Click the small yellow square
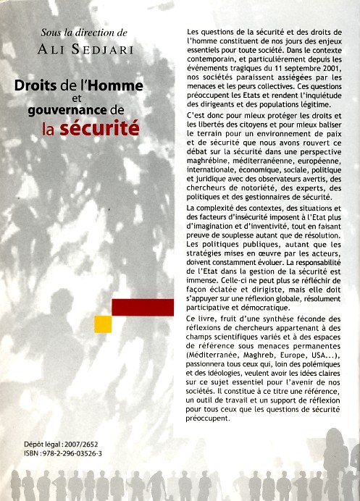click(x=103, y=324)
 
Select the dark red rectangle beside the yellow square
click(x=143, y=308)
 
